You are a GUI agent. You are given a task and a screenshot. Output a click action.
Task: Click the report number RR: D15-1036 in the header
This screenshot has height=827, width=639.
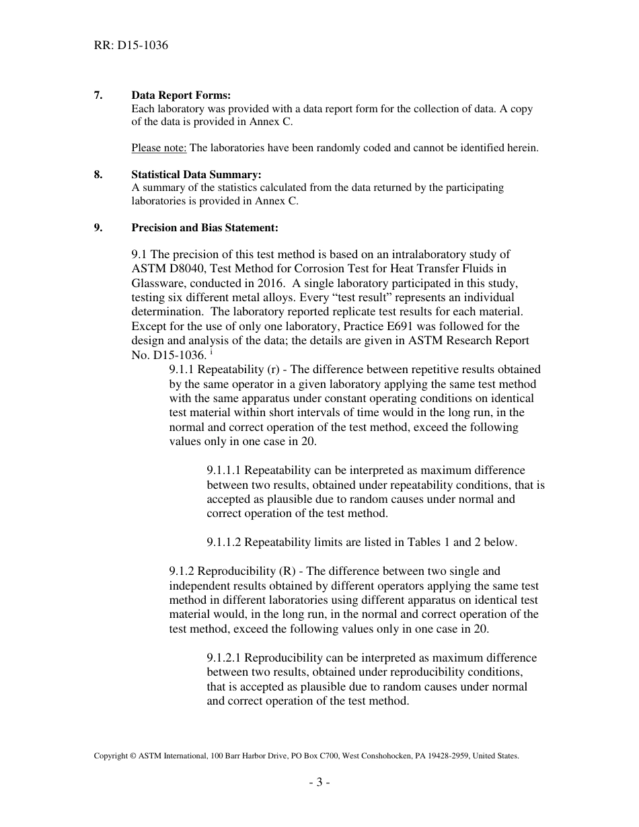pos(130,46)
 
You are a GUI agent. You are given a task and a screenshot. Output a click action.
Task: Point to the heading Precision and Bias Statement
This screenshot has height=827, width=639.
pos(204,228)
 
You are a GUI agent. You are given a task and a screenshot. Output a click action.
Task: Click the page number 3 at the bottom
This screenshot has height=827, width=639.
pos(319,783)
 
